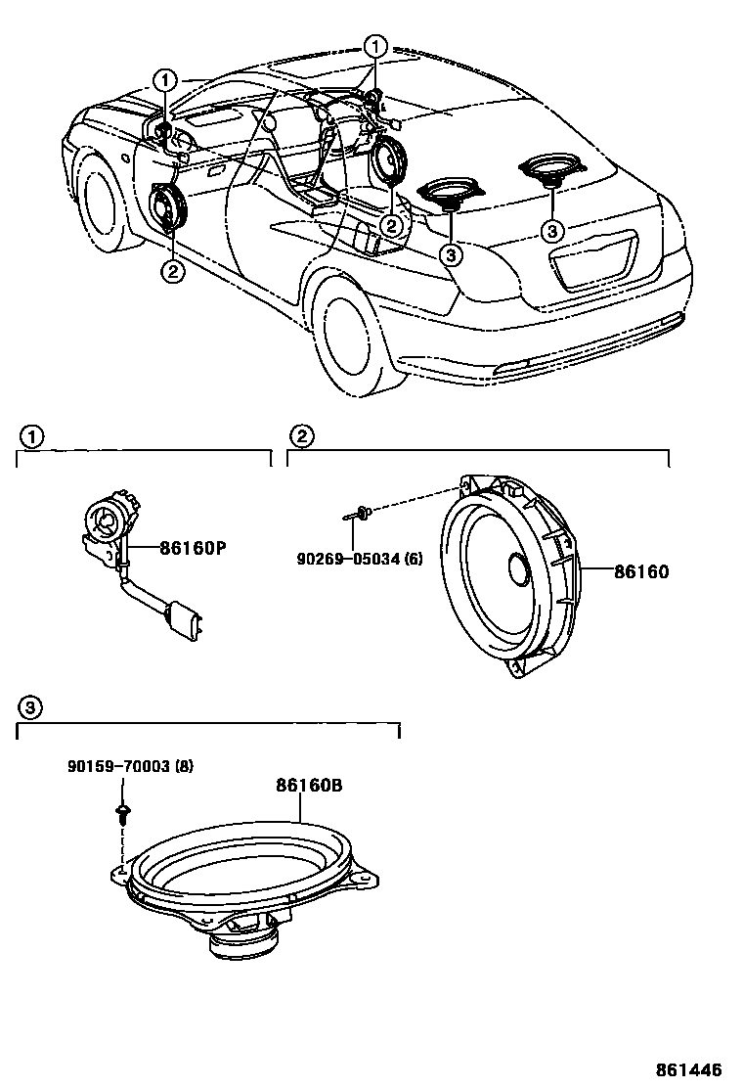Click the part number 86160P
coord(193,549)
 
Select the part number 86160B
coord(307,785)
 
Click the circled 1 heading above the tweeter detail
coord(32,435)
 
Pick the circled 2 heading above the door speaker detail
coord(302,435)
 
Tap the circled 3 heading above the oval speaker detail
coord(32,706)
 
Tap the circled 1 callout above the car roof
coord(375,46)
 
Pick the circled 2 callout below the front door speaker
coord(172,272)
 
